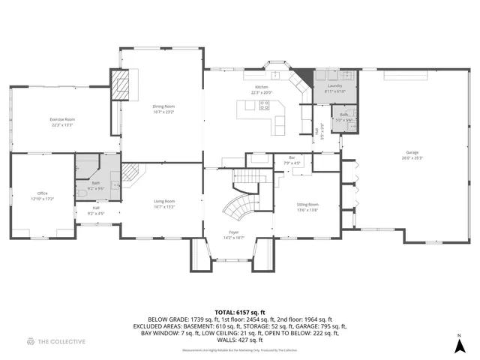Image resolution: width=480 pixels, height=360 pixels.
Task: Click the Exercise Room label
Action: tap(62, 119)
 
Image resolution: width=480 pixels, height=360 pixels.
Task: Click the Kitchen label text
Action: tap(261, 88)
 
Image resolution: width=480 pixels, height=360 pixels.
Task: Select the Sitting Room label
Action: tap(307, 205)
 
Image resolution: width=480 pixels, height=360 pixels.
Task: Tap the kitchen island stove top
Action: tap(264, 106)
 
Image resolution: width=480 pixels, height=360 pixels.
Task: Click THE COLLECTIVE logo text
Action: tap(63, 342)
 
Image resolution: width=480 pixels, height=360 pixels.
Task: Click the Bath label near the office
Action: tap(96, 183)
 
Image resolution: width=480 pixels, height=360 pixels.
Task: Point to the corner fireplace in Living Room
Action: tap(131, 175)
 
